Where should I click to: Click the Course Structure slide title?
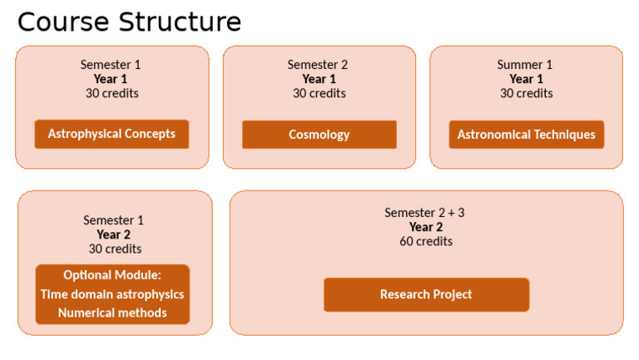pos(129,22)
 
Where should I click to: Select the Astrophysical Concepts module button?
pos(111,134)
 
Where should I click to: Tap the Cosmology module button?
pos(319,135)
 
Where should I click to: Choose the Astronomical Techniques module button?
pos(526,135)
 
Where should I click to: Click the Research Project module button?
pos(426,294)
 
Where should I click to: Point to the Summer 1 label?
pos(525,65)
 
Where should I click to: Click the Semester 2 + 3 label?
pos(424,213)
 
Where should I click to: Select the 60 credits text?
pos(426,241)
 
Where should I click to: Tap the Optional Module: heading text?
pos(112,275)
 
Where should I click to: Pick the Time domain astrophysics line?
pos(112,294)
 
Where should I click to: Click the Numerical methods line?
pos(112,313)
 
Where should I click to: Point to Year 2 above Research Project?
pos(426,227)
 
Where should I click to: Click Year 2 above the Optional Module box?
pos(114,234)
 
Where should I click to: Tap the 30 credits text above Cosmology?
pos(319,93)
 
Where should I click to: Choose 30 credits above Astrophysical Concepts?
pos(111,93)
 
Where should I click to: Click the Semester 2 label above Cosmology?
pos(318,65)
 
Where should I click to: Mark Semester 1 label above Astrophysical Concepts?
pos(111,65)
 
